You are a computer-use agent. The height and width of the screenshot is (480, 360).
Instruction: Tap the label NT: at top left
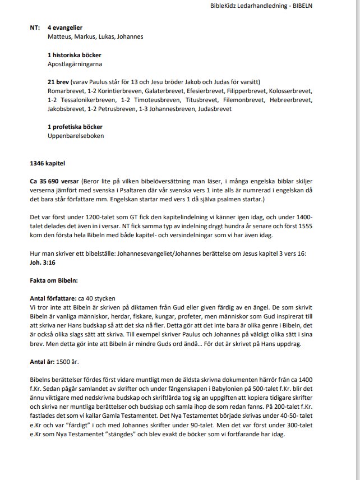[35, 27]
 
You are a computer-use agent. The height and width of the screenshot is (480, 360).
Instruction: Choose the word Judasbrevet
[215, 109]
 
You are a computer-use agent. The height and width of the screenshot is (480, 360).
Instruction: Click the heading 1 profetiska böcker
[75, 127]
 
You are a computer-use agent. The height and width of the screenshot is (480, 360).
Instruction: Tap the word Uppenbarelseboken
[76, 136]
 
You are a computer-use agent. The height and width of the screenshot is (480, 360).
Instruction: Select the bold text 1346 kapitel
[48, 163]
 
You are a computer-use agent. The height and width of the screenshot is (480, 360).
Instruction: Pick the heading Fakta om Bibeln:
[54, 279]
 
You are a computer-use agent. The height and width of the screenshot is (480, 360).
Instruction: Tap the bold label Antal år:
[42, 362]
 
